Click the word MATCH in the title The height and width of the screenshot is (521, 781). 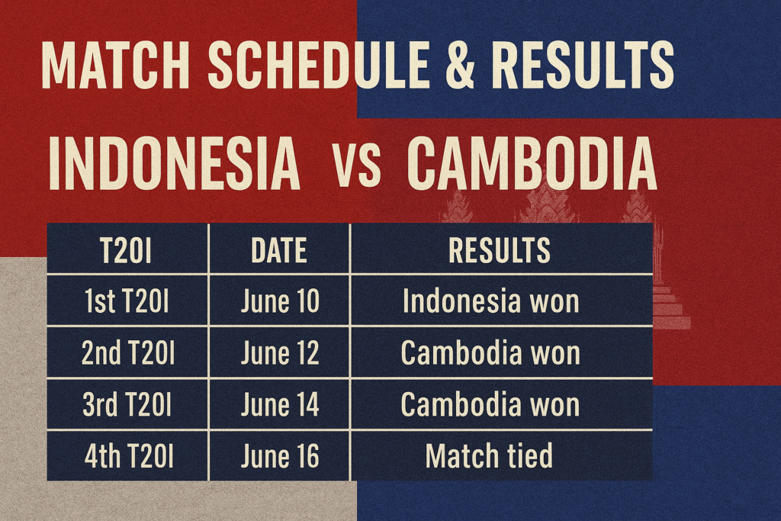[x=116, y=66]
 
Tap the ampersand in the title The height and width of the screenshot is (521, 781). [x=460, y=66]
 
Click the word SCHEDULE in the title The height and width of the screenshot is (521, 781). [x=319, y=66]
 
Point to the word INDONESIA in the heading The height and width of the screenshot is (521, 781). [x=175, y=163]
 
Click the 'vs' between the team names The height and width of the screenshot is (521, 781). [x=357, y=169]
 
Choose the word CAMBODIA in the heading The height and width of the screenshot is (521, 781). [x=532, y=163]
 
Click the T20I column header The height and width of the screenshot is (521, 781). [x=126, y=250]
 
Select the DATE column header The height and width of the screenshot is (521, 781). [x=279, y=250]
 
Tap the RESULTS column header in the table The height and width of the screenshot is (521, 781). [x=500, y=250]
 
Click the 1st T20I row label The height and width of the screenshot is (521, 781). [x=127, y=301]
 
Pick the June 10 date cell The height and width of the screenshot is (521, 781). [x=280, y=301]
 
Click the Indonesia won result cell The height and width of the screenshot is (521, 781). [x=491, y=301]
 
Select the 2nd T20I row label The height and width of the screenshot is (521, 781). [x=128, y=353]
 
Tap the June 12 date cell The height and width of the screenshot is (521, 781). [x=280, y=353]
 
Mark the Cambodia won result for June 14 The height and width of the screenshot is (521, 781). [x=490, y=404]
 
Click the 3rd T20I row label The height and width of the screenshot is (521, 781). [x=127, y=404]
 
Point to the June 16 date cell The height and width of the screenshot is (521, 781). [x=280, y=456]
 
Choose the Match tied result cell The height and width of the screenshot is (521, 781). [x=489, y=456]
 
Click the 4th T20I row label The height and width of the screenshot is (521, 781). [x=129, y=456]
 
